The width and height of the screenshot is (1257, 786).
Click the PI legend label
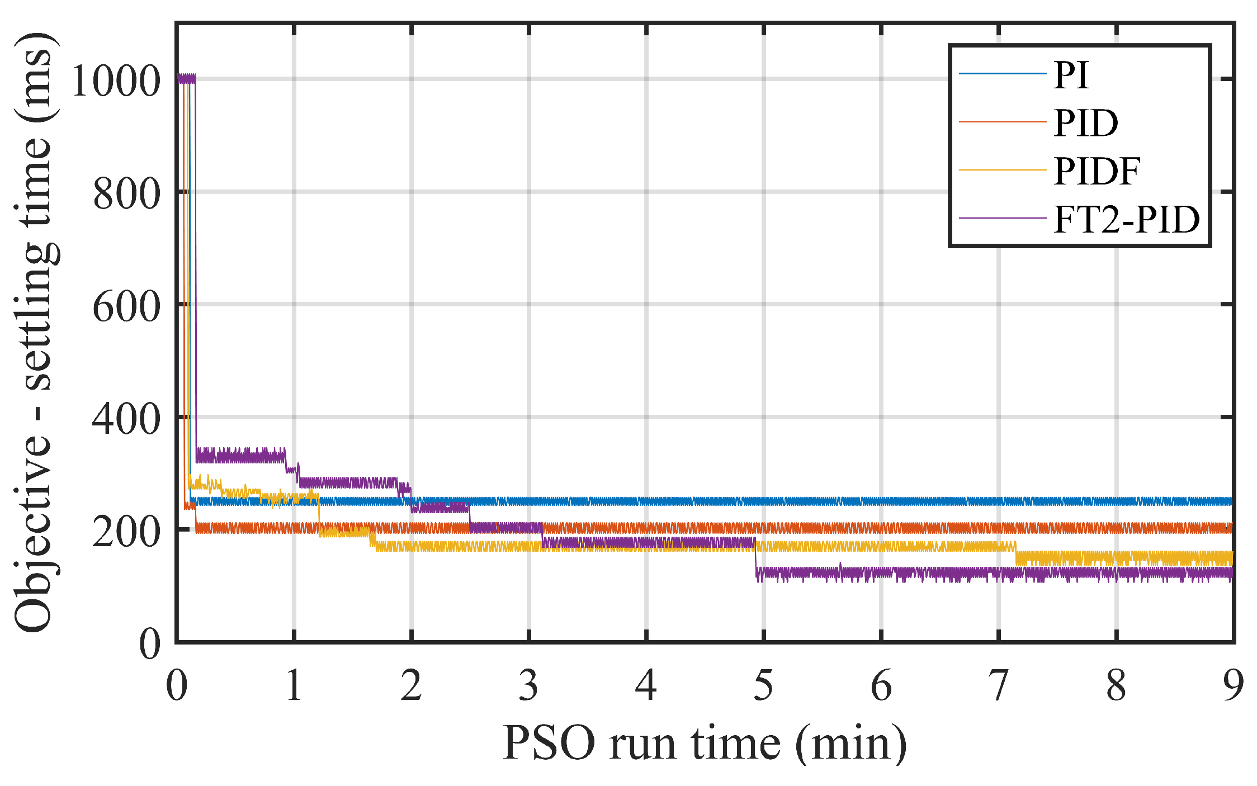(x=1071, y=75)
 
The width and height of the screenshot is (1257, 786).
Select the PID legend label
(x=1085, y=123)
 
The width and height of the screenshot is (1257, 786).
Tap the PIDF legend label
(x=1096, y=171)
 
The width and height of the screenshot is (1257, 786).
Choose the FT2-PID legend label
(x=1126, y=219)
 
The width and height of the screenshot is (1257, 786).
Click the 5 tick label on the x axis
(x=763, y=685)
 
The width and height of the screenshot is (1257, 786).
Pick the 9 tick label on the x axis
(x=1233, y=685)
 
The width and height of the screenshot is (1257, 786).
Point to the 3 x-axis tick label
(x=528, y=685)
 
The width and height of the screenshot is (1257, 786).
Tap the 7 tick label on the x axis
(x=998, y=685)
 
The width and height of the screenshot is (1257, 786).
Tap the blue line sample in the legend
(x=1002, y=74)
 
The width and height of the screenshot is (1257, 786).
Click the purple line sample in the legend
(x=1002, y=218)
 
